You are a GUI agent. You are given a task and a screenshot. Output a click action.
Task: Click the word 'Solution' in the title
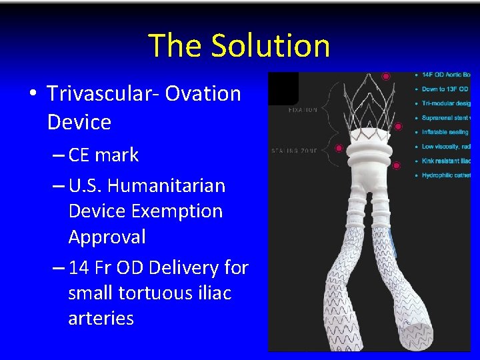(270, 45)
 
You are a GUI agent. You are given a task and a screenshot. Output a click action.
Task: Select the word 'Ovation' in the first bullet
(212, 93)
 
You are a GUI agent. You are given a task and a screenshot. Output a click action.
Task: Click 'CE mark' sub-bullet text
(103, 155)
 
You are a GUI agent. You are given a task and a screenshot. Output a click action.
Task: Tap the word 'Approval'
(107, 237)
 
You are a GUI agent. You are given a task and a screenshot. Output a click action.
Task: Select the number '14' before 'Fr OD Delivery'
(79, 268)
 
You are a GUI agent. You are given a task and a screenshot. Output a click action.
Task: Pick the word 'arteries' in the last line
(101, 318)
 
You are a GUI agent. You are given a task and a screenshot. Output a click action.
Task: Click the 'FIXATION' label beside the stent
(303, 110)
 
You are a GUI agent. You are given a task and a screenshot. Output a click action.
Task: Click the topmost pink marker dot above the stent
(385, 77)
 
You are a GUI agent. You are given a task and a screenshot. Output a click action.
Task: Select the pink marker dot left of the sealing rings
(339, 148)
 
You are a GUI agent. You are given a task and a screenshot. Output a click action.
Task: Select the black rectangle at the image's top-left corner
(283, 87)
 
